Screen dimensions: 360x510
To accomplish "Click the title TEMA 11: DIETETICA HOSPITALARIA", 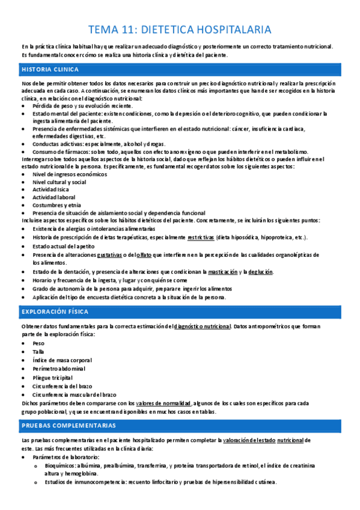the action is pyautogui.click(x=180, y=29).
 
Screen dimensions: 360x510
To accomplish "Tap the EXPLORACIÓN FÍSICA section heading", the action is pyautogui.click(x=55, y=312).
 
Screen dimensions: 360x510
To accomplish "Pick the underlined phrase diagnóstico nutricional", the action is pyautogui.click(x=202, y=327).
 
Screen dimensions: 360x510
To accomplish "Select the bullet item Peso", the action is pyautogui.click(x=38, y=343).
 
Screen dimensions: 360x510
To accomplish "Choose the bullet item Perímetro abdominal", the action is pyautogui.click(x=59, y=368).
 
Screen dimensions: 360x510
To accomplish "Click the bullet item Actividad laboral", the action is pyautogui.click(x=54, y=197).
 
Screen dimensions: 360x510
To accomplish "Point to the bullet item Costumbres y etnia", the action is pyautogui.click(x=57, y=205).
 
